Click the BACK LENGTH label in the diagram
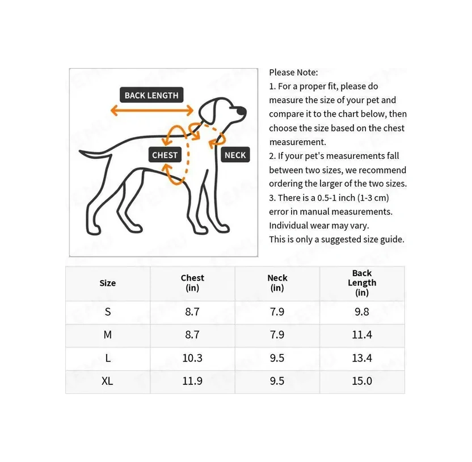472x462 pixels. [x=151, y=95]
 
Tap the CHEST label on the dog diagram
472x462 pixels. [x=165, y=155]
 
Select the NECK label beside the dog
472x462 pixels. [x=235, y=155]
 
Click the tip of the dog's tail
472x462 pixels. [x=81, y=151]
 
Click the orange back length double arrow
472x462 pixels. [x=151, y=111]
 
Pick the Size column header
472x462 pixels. [x=107, y=283]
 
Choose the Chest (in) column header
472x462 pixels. [x=192, y=283]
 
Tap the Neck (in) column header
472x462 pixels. [x=277, y=283]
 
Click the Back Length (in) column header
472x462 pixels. [x=362, y=283]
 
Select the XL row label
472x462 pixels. [x=107, y=381]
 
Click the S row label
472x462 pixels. [x=108, y=312]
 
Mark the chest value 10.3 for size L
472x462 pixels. [x=192, y=358]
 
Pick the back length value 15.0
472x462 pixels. [x=362, y=381]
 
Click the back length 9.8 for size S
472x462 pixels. [x=362, y=312]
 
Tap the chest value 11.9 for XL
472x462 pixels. [x=192, y=381]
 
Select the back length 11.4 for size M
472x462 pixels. [x=362, y=335]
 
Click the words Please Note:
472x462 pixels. [x=293, y=73]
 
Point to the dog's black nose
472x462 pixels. [x=243, y=111]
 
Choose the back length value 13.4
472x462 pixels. [x=362, y=358]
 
